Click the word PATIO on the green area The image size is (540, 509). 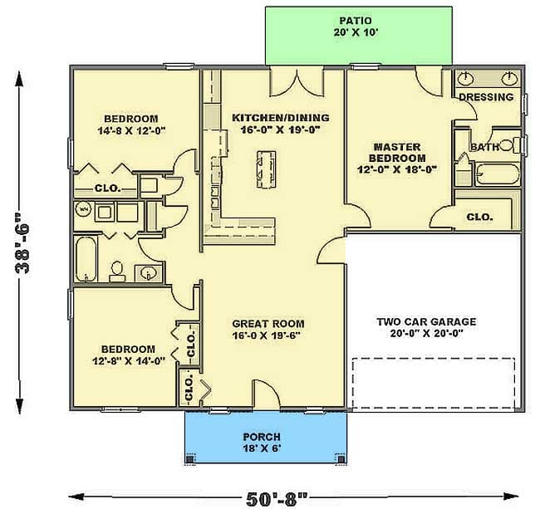(360, 19)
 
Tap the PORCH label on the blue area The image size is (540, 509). (261, 436)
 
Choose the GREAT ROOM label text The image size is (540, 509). (268, 324)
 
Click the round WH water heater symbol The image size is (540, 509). (83, 210)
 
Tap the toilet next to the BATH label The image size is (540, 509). (512, 143)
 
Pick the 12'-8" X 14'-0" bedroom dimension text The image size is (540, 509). (128, 361)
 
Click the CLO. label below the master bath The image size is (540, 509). (479, 217)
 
